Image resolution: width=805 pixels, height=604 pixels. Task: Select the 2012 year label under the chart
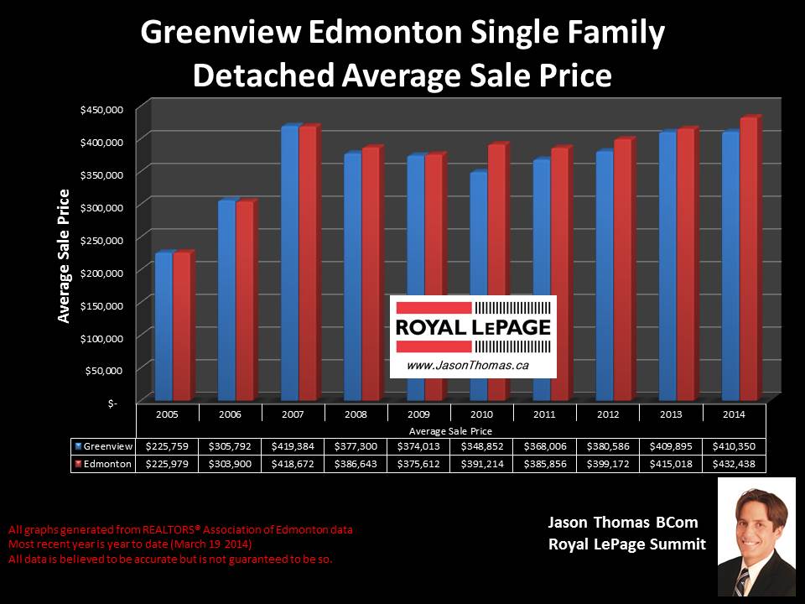[607, 414]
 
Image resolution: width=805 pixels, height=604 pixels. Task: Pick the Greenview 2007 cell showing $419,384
[293, 446]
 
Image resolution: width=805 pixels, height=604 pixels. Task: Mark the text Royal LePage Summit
[626, 544]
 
